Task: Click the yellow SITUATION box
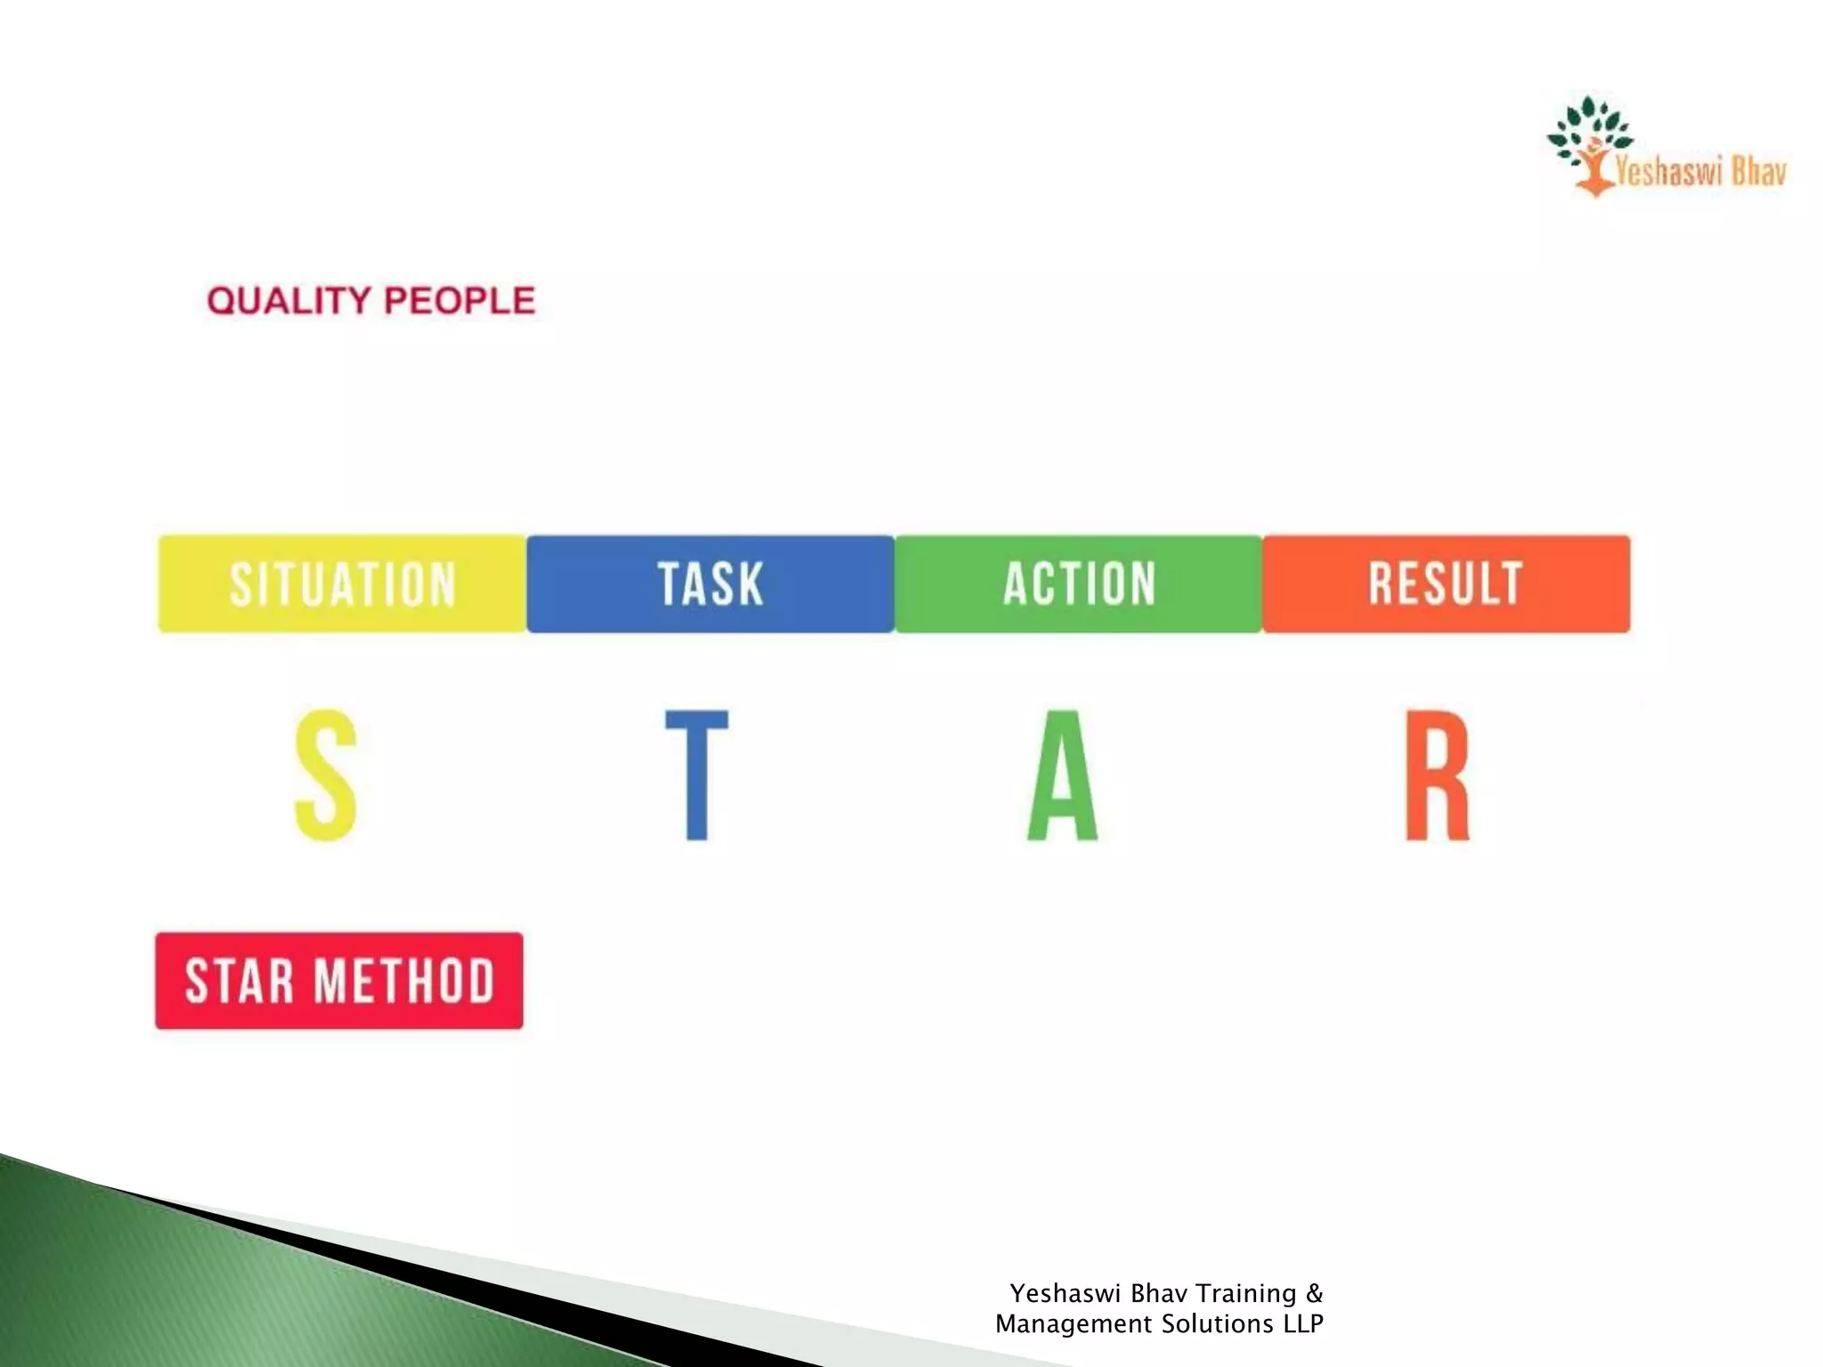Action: pos(343,584)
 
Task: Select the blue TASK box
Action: pos(710,584)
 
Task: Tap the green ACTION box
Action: pos(1079,584)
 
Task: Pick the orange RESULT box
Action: pos(1446,584)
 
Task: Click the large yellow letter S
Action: pos(326,775)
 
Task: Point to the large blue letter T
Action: pos(697,775)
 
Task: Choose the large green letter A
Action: pos(1062,775)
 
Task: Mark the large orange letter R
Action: pos(1437,775)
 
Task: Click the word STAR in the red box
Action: pos(239,981)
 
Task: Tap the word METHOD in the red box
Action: pos(405,981)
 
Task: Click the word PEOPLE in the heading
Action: pos(459,301)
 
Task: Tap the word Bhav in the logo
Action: pos(1759,170)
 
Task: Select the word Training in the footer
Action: pos(1245,1293)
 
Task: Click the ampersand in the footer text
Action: pos(1315,1293)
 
